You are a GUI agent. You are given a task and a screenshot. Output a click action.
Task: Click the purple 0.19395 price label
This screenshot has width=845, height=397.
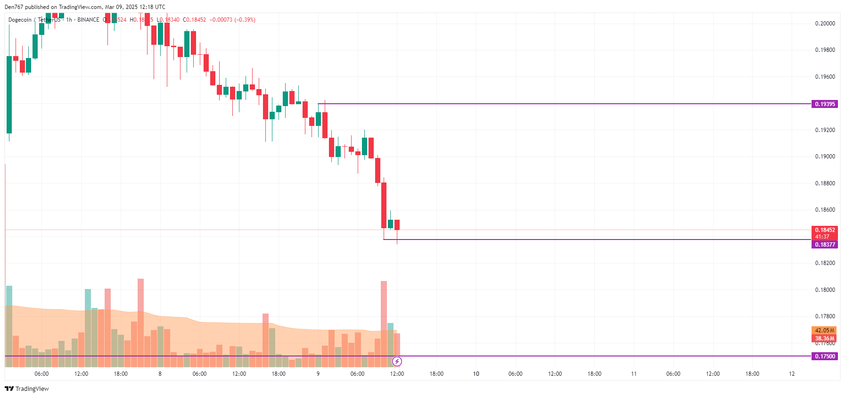[x=824, y=104]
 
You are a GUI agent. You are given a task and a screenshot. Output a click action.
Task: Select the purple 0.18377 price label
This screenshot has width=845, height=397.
[x=824, y=245]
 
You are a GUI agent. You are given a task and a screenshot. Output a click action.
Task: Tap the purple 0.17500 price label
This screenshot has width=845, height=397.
[x=824, y=356]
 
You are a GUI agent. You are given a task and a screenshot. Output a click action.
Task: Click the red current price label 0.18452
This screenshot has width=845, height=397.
[x=824, y=230]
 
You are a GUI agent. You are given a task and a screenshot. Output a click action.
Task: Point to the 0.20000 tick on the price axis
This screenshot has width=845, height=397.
[x=825, y=24]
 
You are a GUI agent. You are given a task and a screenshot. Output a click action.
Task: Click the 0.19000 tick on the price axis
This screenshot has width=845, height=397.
[x=825, y=157]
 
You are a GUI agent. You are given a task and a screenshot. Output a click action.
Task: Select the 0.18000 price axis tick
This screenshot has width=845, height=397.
[x=825, y=290]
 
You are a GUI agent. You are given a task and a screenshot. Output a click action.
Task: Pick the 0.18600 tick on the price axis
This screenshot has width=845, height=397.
[x=825, y=210]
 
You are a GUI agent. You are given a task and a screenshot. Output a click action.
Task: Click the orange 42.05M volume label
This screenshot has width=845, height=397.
[x=824, y=331]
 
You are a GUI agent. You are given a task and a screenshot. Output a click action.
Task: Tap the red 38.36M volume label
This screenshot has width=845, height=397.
[x=824, y=339]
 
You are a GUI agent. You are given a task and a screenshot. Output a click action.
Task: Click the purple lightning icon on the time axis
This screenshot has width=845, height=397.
[x=397, y=362]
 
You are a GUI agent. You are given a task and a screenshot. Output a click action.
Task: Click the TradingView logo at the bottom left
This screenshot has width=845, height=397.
[x=27, y=389]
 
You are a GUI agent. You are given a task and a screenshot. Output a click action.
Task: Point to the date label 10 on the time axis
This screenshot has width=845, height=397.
[x=476, y=374]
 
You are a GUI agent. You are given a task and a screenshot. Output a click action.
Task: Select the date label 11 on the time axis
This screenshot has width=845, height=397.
[x=634, y=374]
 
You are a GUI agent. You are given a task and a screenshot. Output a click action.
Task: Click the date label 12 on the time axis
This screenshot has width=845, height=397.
[x=792, y=374]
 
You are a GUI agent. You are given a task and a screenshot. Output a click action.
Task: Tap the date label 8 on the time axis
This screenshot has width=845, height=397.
[x=160, y=374]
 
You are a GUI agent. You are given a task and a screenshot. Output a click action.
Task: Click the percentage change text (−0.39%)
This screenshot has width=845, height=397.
[x=245, y=20]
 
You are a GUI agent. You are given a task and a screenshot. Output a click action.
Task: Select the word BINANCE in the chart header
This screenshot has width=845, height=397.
[x=88, y=20]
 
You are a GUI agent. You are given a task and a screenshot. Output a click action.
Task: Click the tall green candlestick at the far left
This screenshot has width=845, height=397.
[x=9, y=94]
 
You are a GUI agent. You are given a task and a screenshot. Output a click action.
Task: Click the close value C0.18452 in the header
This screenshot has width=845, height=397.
[x=194, y=20]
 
